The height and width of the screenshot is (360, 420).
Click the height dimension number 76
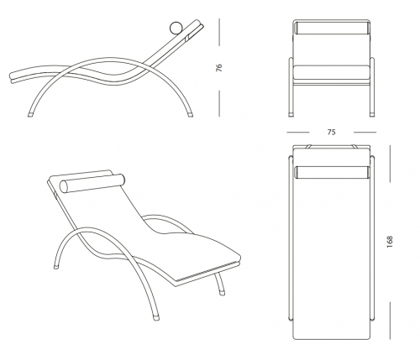click(x=219, y=68)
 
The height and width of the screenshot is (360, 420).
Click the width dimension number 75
click(x=331, y=132)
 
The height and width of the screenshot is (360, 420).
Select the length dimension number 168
click(x=390, y=242)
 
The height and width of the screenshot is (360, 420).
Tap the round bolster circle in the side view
click(x=176, y=28)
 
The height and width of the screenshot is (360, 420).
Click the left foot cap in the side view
click(x=30, y=115)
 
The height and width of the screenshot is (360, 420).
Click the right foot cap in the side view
click(x=191, y=115)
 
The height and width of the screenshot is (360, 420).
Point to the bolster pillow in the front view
click(x=332, y=29)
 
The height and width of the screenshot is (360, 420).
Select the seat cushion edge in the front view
click(x=331, y=72)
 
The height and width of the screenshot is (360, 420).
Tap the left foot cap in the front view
click(x=291, y=114)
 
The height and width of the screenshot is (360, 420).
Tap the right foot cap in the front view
click(x=372, y=114)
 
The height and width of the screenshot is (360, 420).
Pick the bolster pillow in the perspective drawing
click(x=92, y=184)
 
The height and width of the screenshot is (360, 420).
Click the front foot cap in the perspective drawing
click(x=155, y=318)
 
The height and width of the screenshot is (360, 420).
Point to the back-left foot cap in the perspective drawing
click(x=56, y=267)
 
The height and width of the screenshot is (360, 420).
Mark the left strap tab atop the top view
click(x=308, y=147)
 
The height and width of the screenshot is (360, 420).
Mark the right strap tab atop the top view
click(x=354, y=147)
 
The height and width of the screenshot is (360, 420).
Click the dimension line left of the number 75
click(x=298, y=132)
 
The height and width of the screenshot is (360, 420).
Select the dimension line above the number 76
click(x=219, y=32)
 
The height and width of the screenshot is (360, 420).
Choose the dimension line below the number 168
click(x=390, y=321)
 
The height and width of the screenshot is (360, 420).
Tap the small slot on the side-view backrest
click(x=187, y=38)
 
